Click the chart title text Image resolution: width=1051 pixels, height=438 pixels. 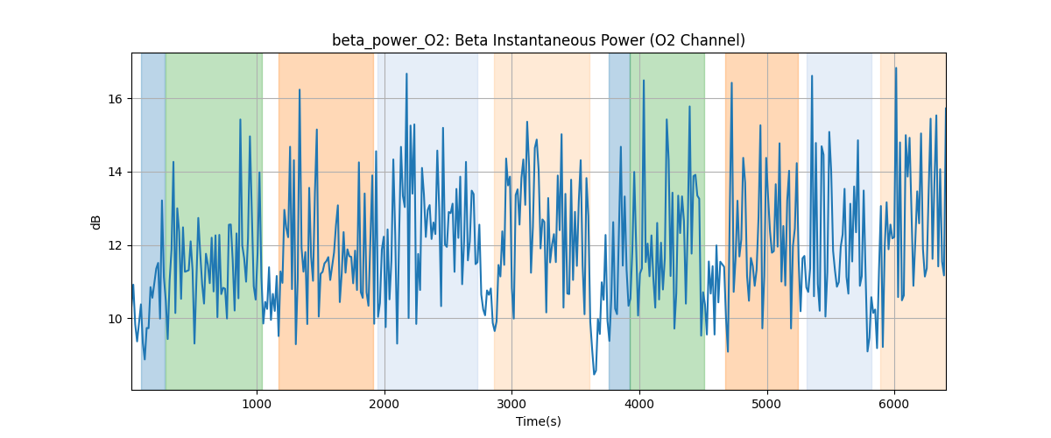(x=538, y=40)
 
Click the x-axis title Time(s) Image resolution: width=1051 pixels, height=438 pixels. (x=538, y=421)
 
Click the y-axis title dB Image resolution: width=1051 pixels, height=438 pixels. (x=96, y=222)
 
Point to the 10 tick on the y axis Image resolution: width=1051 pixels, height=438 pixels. (x=118, y=319)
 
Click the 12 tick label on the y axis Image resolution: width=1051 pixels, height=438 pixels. (x=118, y=245)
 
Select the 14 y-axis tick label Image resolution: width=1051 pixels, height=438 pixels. (x=118, y=172)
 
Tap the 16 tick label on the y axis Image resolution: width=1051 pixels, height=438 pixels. (x=118, y=99)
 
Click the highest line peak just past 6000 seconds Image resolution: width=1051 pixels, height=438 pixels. (x=895, y=67)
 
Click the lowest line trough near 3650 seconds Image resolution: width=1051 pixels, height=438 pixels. (x=594, y=374)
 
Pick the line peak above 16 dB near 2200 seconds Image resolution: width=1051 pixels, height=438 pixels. (x=406, y=74)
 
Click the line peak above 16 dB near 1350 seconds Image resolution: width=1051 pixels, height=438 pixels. (x=300, y=89)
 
